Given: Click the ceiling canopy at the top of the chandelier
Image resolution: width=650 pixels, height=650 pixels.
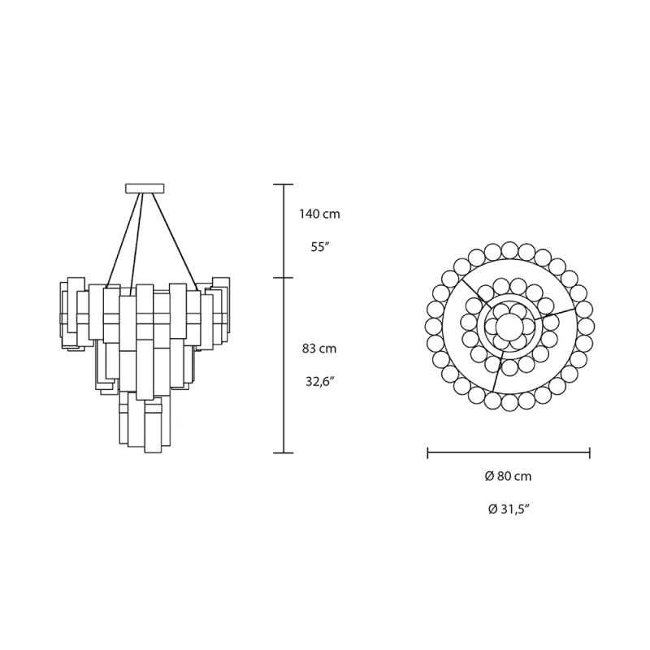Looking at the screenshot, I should click(x=145, y=189).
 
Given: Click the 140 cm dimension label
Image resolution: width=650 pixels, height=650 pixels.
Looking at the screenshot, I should click(x=318, y=214).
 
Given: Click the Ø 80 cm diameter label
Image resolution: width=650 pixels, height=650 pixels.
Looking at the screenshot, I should click(x=509, y=477).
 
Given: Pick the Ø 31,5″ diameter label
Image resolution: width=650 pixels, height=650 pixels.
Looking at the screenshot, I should click(x=509, y=509).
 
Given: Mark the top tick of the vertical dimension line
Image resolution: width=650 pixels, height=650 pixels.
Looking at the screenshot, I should click(x=282, y=185).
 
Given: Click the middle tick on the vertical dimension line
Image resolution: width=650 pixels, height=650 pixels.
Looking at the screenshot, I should click(x=282, y=278).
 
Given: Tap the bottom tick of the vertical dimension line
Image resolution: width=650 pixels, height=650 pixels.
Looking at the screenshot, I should click(x=282, y=452).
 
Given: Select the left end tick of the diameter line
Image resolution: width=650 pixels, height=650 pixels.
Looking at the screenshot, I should click(x=428, y=452).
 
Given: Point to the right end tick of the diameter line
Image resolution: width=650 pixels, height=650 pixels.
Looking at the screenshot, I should click(x=589, y=452).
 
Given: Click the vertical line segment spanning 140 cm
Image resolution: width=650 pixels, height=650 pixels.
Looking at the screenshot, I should click(x=282, y=232).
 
